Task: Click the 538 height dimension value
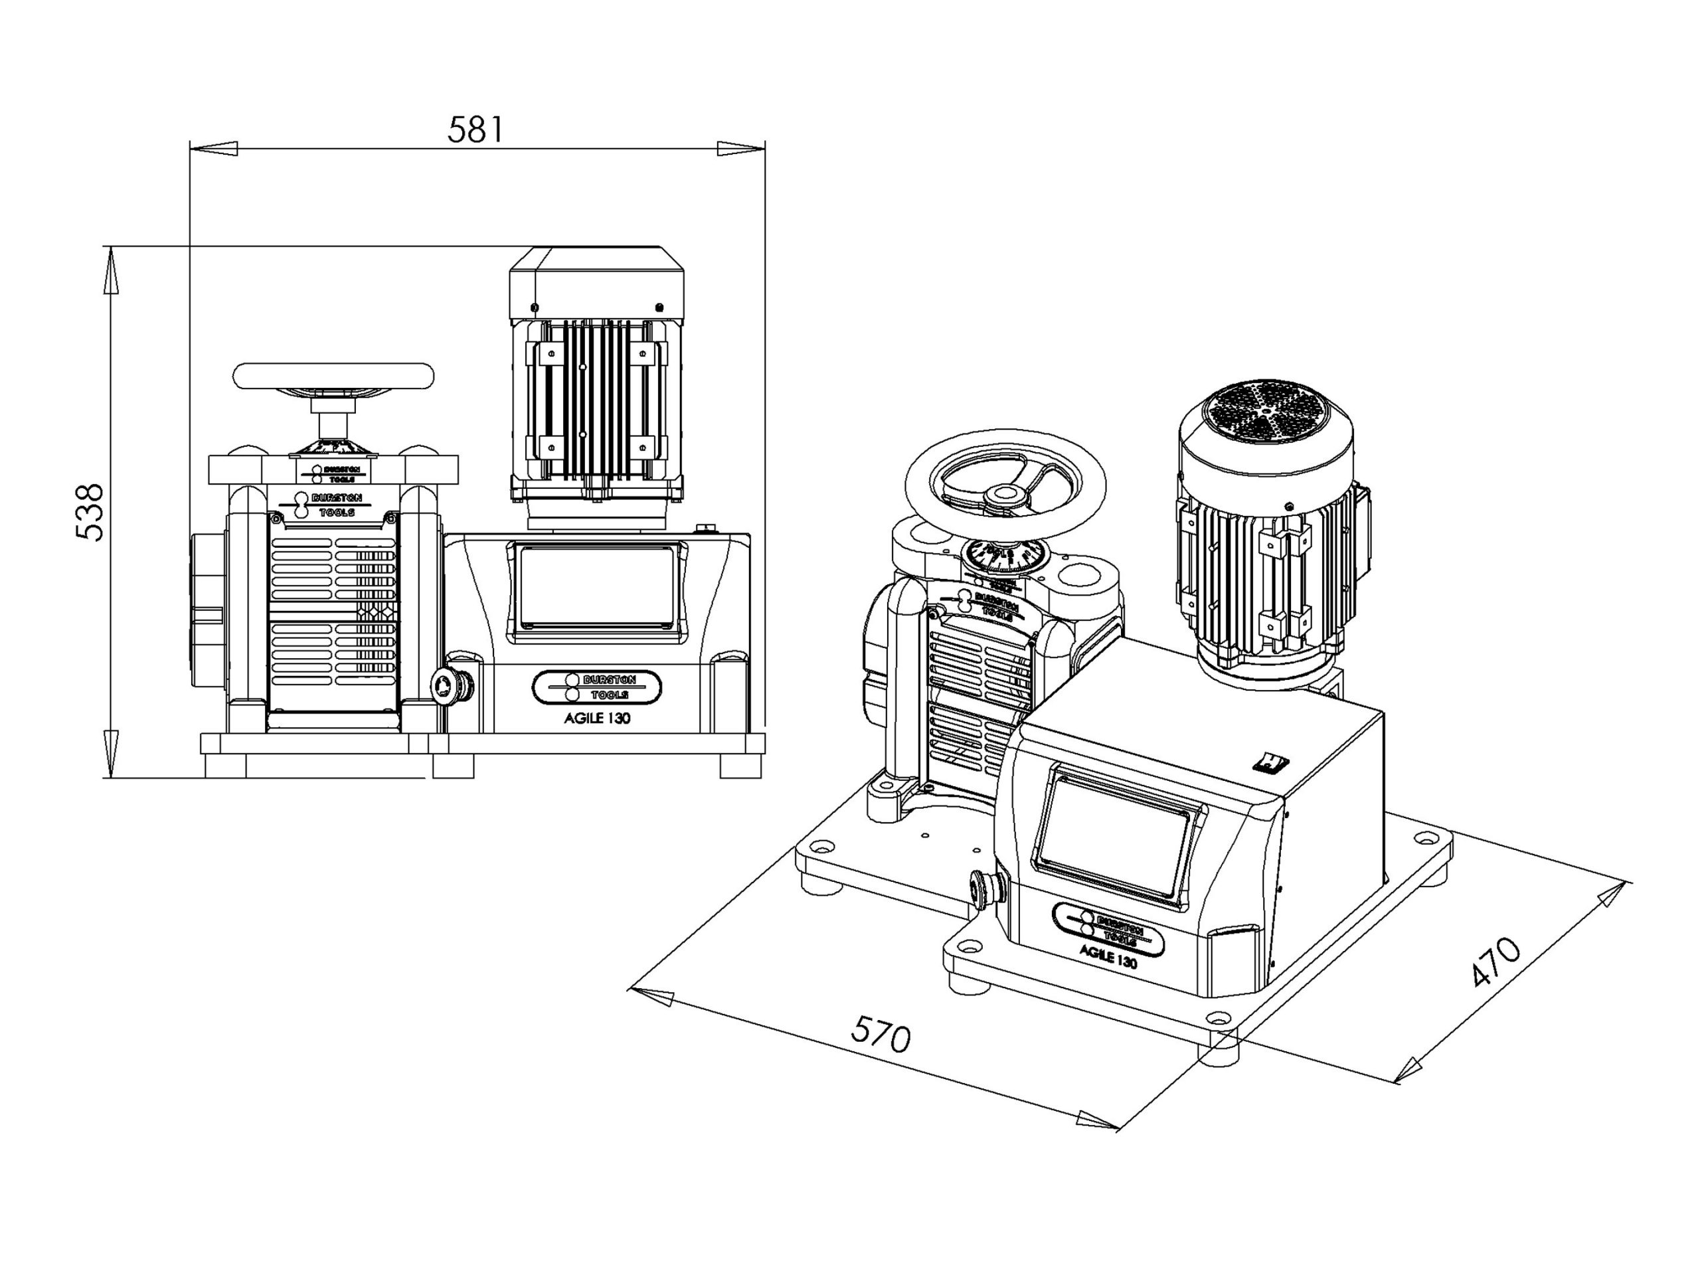tap(91, 513)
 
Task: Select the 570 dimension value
tap(881, 1034)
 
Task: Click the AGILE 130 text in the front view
tap(597, 719)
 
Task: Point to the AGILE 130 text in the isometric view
tap(1108, 957)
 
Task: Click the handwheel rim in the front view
tap(333, 376)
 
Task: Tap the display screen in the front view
tap(597, 586)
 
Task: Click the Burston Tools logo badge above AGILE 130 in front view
tap(596, 687)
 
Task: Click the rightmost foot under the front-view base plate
tap(741, 766)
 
